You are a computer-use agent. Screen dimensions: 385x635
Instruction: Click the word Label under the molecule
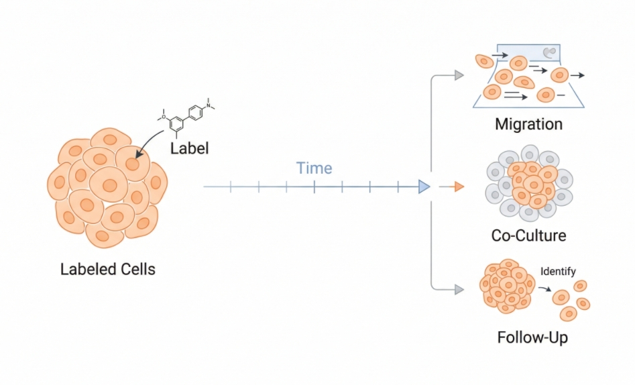190,148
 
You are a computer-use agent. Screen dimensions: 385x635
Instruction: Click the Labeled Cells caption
108,270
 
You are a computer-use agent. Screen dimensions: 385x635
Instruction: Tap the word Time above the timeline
314,168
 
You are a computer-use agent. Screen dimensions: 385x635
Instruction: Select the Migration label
528,124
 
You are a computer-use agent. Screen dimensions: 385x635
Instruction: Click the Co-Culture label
528,235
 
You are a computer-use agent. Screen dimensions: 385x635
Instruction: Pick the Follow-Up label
532,337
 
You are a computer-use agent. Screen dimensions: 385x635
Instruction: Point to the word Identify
558,272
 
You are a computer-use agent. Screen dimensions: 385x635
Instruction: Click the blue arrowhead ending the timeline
424,186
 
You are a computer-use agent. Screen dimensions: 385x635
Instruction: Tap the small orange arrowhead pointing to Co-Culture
459,186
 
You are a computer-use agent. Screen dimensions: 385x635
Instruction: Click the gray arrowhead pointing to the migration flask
459,75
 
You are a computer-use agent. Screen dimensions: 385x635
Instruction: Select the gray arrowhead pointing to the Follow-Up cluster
459,290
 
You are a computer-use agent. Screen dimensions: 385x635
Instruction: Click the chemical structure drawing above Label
188,115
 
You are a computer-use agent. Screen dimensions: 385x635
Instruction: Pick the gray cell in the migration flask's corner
549,52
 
